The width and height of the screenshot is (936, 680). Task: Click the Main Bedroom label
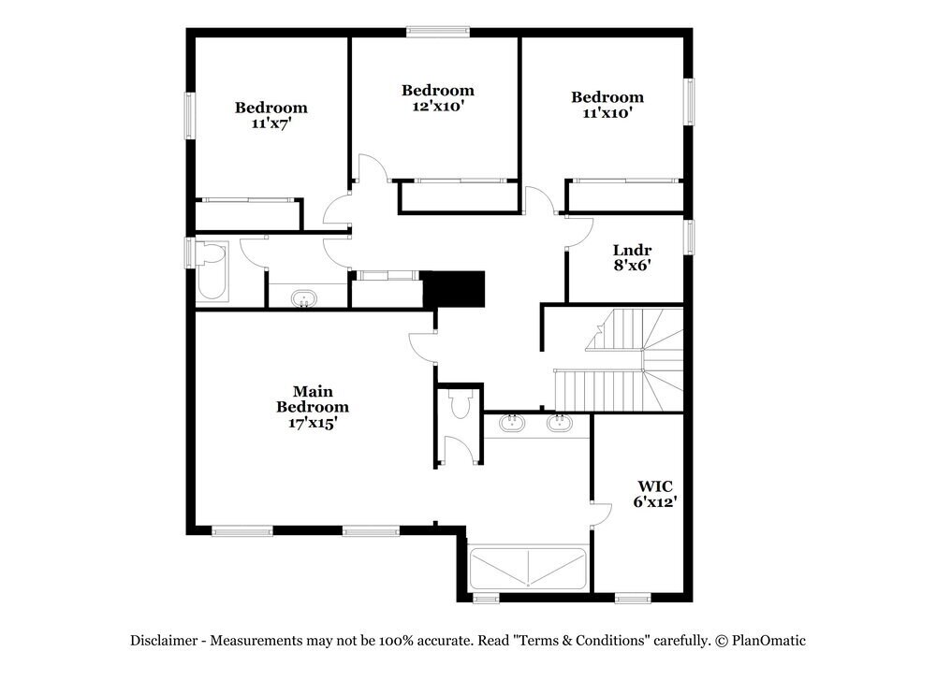312,399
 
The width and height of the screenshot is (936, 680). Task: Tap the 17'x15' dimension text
312,423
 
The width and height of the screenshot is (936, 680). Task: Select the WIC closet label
655,486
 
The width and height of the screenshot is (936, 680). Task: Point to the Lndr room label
632,250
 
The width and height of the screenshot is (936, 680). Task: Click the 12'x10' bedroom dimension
437,107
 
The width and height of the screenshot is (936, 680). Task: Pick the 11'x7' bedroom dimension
271,123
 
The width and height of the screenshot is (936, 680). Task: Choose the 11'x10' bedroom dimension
607,113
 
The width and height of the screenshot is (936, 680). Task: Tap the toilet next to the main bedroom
460,404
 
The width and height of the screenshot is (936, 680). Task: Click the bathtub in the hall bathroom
212,271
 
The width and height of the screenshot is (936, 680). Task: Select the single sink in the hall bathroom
304,299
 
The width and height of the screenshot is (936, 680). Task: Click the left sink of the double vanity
511,423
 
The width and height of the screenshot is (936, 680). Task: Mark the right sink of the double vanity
560,423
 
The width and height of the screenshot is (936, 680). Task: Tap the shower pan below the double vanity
529,569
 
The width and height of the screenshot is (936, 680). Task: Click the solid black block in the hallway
454,288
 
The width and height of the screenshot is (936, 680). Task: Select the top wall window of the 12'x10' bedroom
438,32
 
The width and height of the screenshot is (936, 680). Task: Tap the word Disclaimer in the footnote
163,641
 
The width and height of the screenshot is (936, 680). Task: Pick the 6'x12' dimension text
655,502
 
